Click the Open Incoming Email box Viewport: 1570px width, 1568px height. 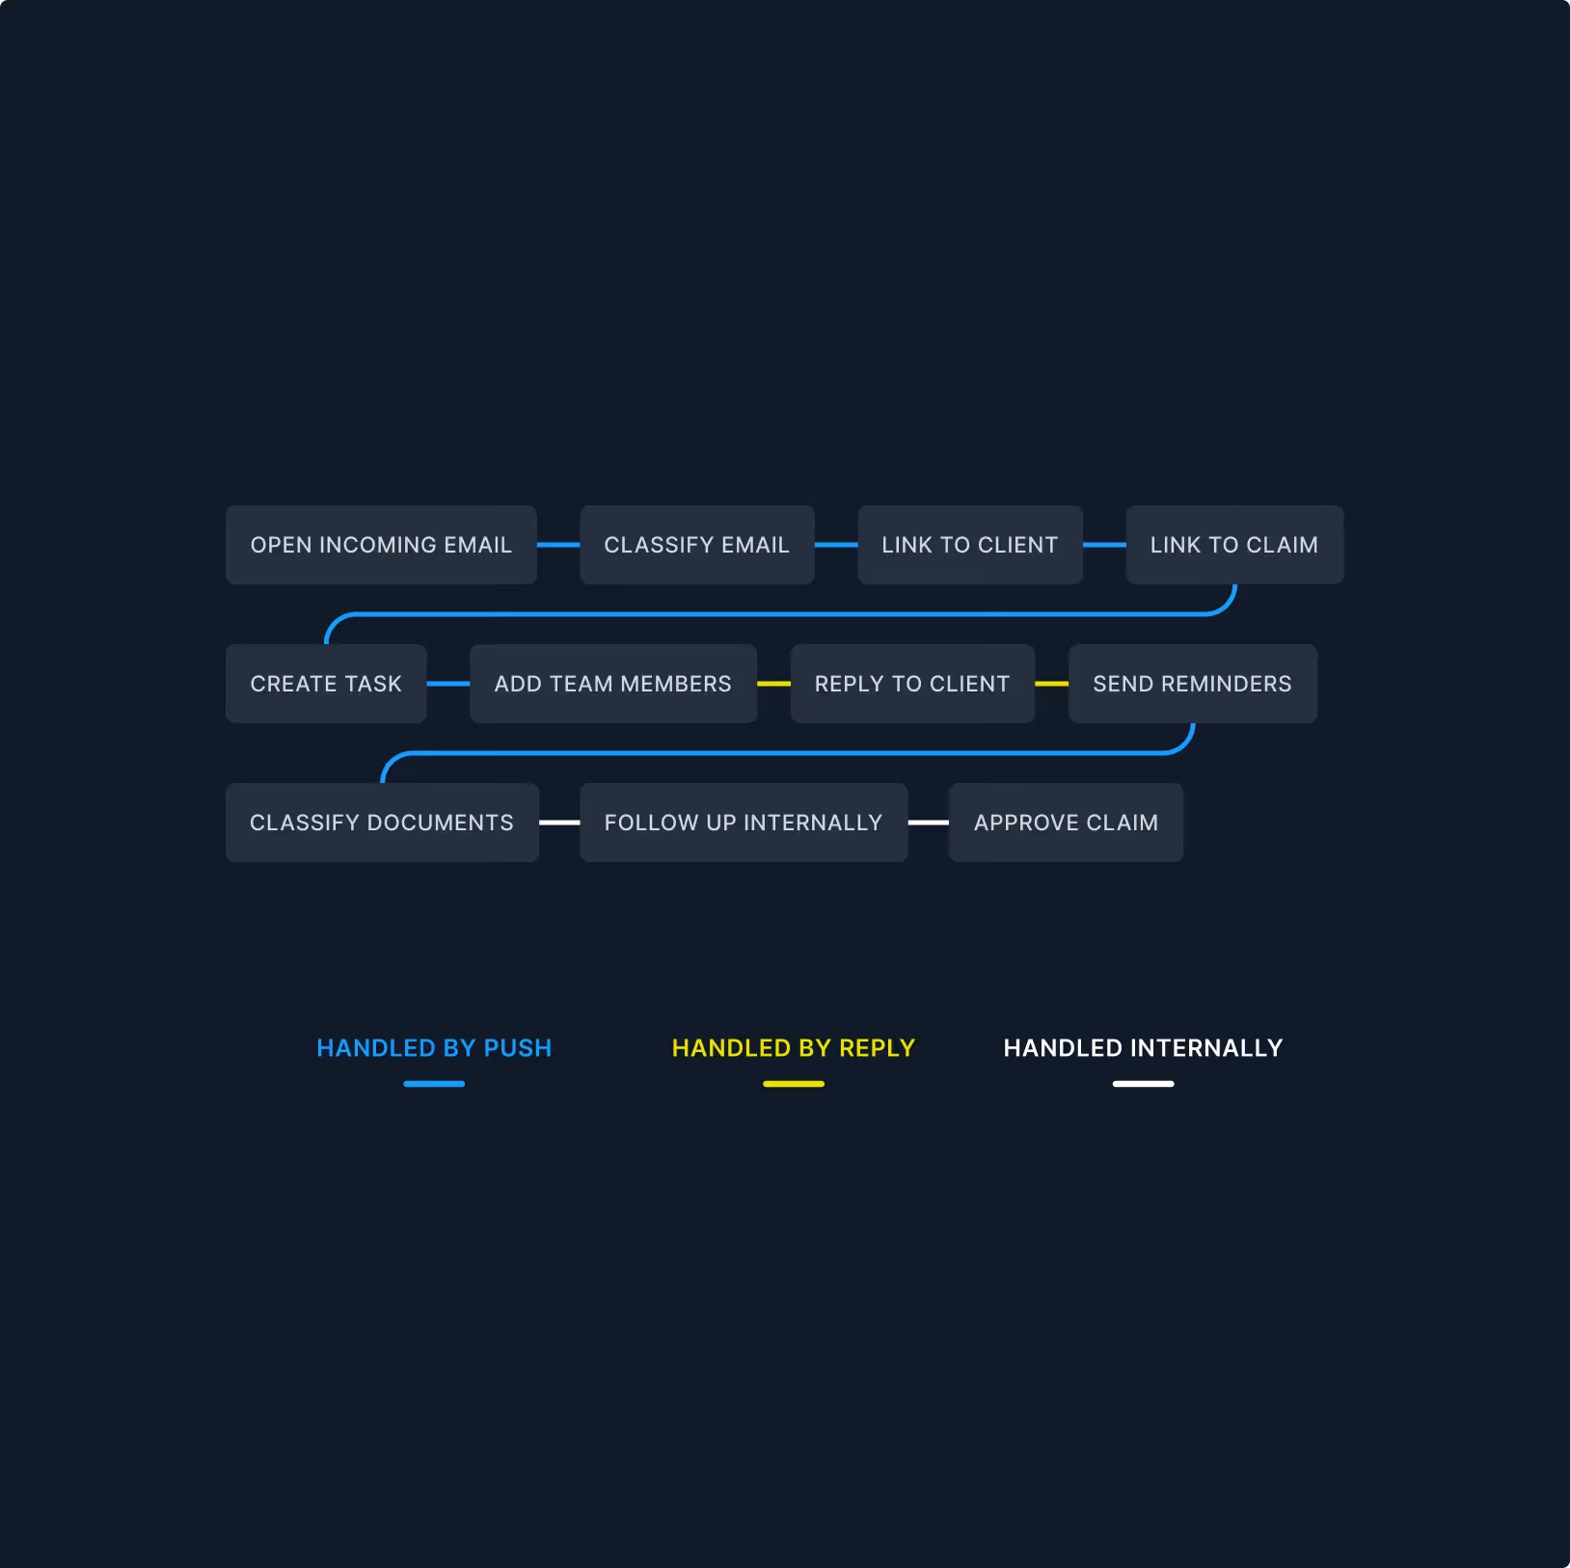(x=381, y=545)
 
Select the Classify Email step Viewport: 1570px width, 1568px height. (x=696, y=545)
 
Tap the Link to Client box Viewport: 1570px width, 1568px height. (x=969, y=545)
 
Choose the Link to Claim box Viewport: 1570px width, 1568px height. (x=1233, y=545)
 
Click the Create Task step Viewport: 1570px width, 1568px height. (x=326, y=684)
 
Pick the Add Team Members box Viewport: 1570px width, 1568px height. (x=612, y=684)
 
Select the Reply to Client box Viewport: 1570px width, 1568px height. (x=911, y=684)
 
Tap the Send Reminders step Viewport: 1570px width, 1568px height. (x=1192, y=684)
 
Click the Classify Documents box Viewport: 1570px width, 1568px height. (x=382, y=823)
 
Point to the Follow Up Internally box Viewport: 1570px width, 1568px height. (x=743, y=823)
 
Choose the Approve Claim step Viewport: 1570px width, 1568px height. (x=1066, y=823)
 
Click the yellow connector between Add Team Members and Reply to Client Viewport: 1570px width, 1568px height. (x=773, y=684)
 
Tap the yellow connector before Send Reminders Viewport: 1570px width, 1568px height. (x=1051, y=684)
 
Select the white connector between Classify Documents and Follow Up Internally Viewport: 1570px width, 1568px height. (x=559, y=823)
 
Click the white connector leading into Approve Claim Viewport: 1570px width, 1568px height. (x=929, y=823)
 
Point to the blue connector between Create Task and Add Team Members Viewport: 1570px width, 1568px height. (x=447, y=684)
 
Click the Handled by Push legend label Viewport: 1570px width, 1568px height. (x=434, y=1048)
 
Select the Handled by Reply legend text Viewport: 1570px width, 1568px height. (x=793, y=1048)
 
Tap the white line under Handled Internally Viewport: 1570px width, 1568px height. (x=1143, y=1084)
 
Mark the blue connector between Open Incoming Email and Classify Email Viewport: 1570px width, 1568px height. (x=558, y=545)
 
